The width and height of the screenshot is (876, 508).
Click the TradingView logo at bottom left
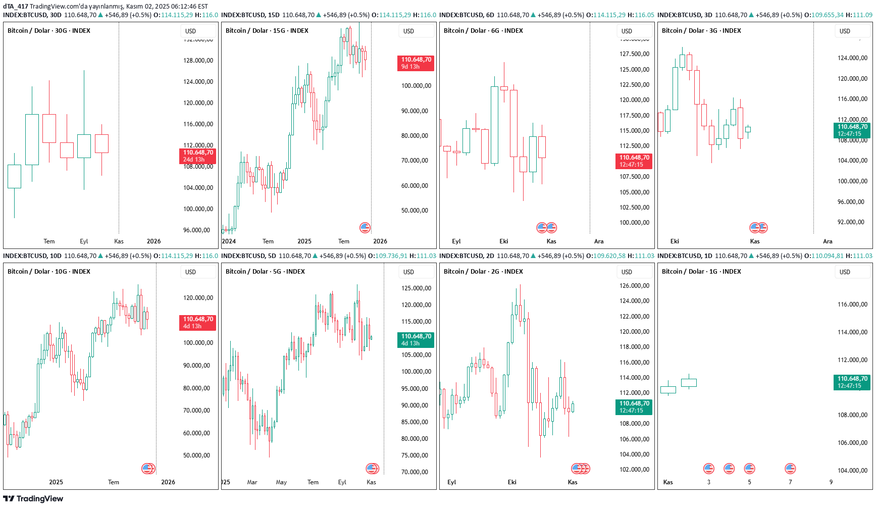[33, 499]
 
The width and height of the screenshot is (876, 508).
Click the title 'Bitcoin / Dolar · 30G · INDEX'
[49, 31]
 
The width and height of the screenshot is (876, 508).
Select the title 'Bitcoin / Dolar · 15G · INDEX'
[267, 31]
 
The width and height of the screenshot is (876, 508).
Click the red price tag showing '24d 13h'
[197, 156]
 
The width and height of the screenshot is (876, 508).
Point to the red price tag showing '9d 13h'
[416, 63]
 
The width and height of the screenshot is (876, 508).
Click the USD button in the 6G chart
[627, 31]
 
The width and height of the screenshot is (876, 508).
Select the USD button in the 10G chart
[190, 272]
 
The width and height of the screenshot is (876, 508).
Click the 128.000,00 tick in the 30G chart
[198, 61]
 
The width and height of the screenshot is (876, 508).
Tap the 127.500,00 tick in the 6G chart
[634, 54]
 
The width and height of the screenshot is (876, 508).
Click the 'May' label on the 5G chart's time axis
[281, 482]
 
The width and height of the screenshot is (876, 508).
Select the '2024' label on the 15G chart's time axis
[229, 241]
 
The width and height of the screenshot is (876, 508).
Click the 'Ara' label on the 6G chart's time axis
[599, 241]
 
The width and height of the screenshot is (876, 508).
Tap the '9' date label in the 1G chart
[831, 482]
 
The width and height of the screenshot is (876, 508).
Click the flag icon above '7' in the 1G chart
[790, 469]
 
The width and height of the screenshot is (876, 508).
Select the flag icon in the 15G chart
[365, 228]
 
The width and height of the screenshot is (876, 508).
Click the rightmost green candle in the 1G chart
[689, 383]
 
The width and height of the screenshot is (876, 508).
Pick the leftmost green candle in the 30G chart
[14, 176]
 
